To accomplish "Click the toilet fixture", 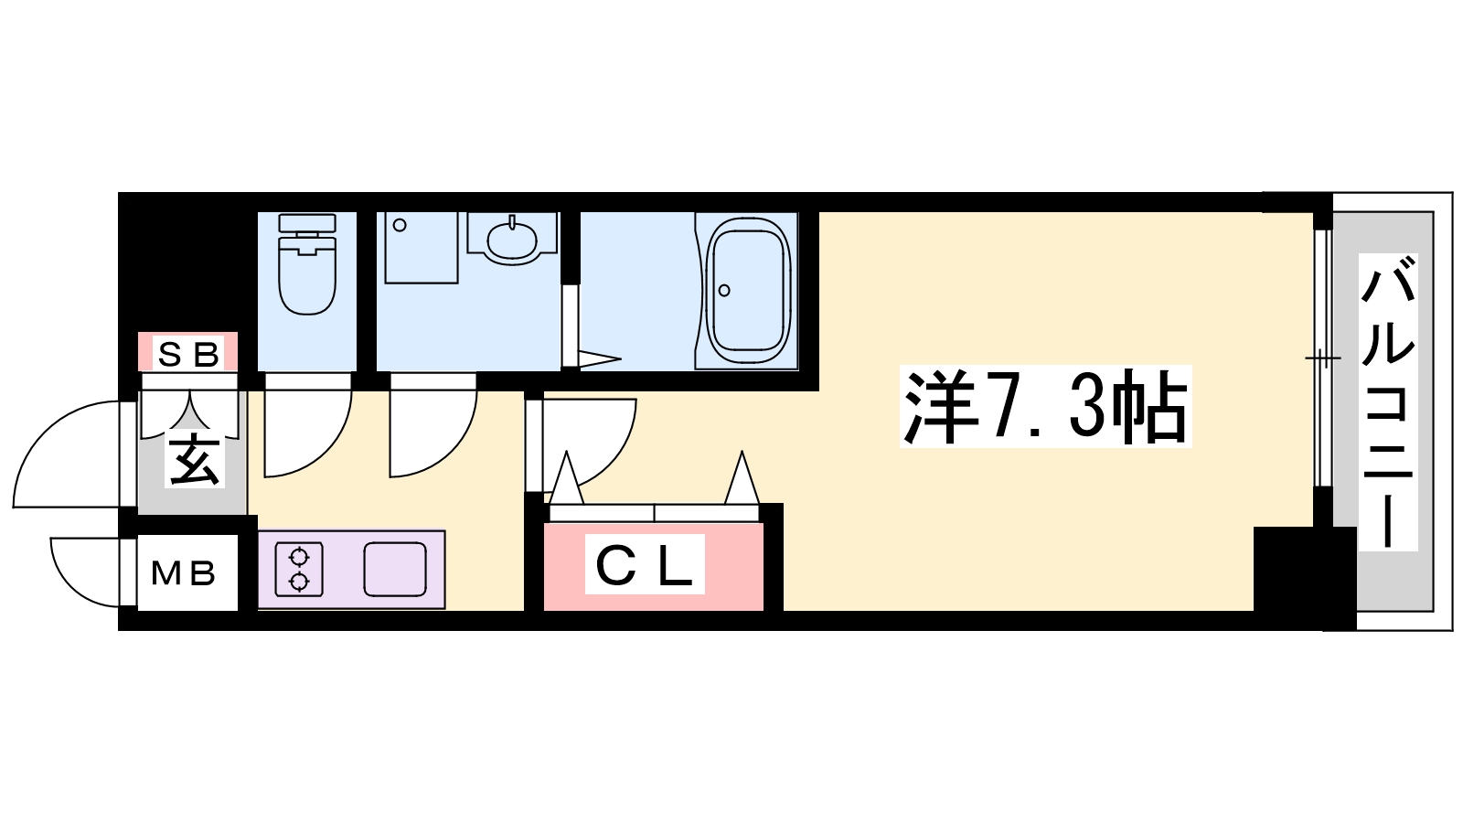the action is (307, 264).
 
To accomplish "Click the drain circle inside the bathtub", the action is (723, 290).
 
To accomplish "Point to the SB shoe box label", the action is (188, 355).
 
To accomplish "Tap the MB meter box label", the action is (184, 573).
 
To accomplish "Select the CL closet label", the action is (644, 564).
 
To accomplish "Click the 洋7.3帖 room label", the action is (1046, 406).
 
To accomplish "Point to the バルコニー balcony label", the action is (1388, 401).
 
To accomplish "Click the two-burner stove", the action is (300, 569).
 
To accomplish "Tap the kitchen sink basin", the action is (395, 569).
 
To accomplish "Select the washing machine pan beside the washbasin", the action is (422, 247).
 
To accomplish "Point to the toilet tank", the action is (307, 222).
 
